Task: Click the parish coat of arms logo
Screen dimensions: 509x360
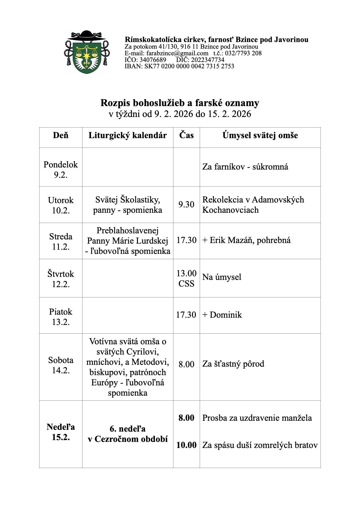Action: click(87, 53)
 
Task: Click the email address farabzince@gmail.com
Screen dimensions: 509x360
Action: click(177, 53)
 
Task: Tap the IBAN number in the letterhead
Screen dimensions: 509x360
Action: click(189, 66)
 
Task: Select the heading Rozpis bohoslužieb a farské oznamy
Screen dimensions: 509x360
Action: click(180, 103)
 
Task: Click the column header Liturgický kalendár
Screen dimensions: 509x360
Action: click(127, 135)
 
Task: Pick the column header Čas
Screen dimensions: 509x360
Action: click(186, 135)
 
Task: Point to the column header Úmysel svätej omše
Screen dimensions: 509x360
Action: click(260, 135)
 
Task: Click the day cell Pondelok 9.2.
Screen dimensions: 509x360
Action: click(61, 170)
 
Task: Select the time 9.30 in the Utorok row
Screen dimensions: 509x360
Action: click(186, 205)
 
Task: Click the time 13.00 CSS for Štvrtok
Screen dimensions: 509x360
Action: click(186, 278)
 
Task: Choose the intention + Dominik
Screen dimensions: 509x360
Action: click(222, 315)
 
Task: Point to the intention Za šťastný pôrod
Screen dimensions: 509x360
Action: click(233, 364)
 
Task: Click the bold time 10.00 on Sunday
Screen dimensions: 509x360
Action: click(186, 445)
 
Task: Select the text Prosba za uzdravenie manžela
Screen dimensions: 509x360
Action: click(257, 418)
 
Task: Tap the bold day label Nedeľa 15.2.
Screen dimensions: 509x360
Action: click(61, 432)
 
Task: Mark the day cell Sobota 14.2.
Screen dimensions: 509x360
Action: click(61, 365)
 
